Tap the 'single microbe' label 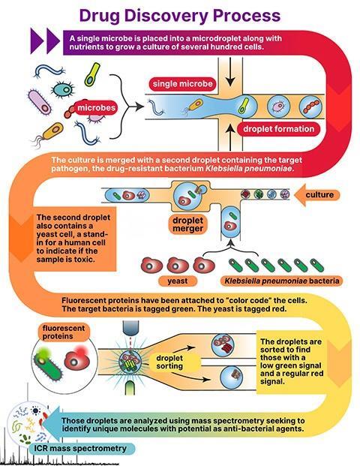tap(183, 84)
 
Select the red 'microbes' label tap(96, 107)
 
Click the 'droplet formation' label tap(278, 129)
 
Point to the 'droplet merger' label tap(187, 224)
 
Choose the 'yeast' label tap(178, 281)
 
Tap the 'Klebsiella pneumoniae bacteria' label tap(281, 281)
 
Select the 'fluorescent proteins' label tap(64, 332)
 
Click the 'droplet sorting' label tap(169, 362)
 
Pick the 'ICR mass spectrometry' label tap(80, 448)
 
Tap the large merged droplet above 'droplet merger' tap(187, 195)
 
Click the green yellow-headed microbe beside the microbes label tap(91, 74)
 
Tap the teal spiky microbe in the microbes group tap(63, 90)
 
